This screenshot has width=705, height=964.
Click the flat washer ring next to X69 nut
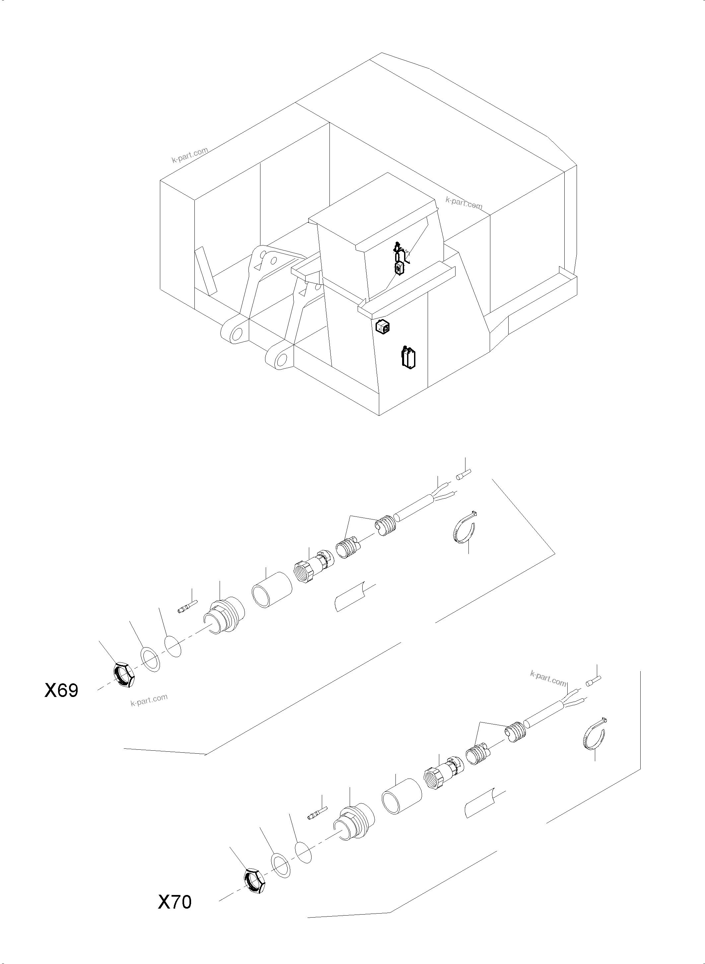(x=151, y=658)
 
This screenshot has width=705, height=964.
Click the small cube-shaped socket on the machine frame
(x=383, y=328)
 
